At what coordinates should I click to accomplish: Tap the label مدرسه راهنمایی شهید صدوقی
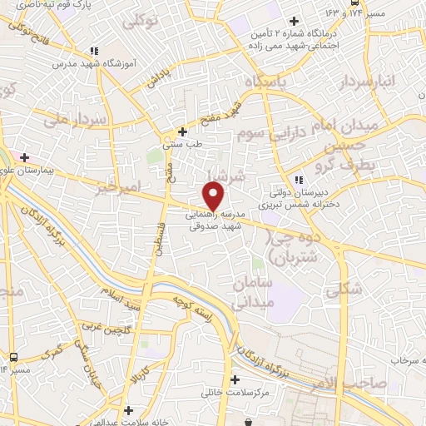pyautogui.click(x=214, y=219)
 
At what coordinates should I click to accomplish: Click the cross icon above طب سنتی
pyautogui.click(x=184, y=131)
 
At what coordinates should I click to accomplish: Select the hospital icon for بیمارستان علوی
pyautogui.click(x=26, y=157)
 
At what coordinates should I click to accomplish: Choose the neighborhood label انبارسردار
pyautogui.click(x=372, y=82)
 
